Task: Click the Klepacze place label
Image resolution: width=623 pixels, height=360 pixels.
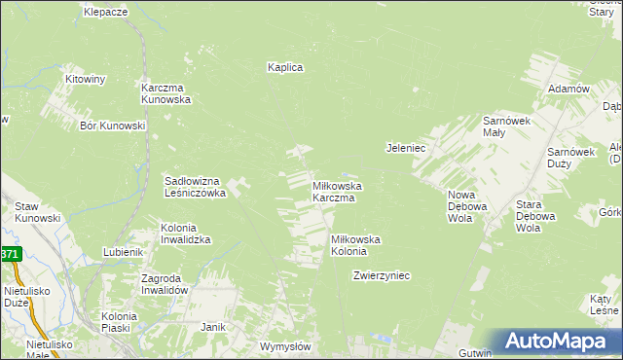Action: (x=106, y=12)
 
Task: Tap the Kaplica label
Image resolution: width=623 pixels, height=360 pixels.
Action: (x=286, y=67)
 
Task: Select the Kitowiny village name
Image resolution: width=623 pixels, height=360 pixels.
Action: (x=85, y=78)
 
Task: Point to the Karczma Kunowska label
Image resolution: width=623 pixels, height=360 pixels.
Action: (x=165, y=92)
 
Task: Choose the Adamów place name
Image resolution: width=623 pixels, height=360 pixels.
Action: (x=569, y=89)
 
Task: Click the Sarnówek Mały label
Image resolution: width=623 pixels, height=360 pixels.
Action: (x=506, y=126)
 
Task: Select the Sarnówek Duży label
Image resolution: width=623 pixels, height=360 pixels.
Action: (x=569, y=159)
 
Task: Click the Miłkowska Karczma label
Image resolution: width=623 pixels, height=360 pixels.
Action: (x=337, y=191)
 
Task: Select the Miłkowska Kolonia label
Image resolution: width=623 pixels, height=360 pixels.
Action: (x=355, y=245)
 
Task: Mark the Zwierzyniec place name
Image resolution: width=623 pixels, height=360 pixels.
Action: (x=382, y=275)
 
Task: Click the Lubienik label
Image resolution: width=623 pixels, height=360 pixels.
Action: (x=124, y=252)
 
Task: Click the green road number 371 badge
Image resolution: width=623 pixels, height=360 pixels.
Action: (x=9, y=254)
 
